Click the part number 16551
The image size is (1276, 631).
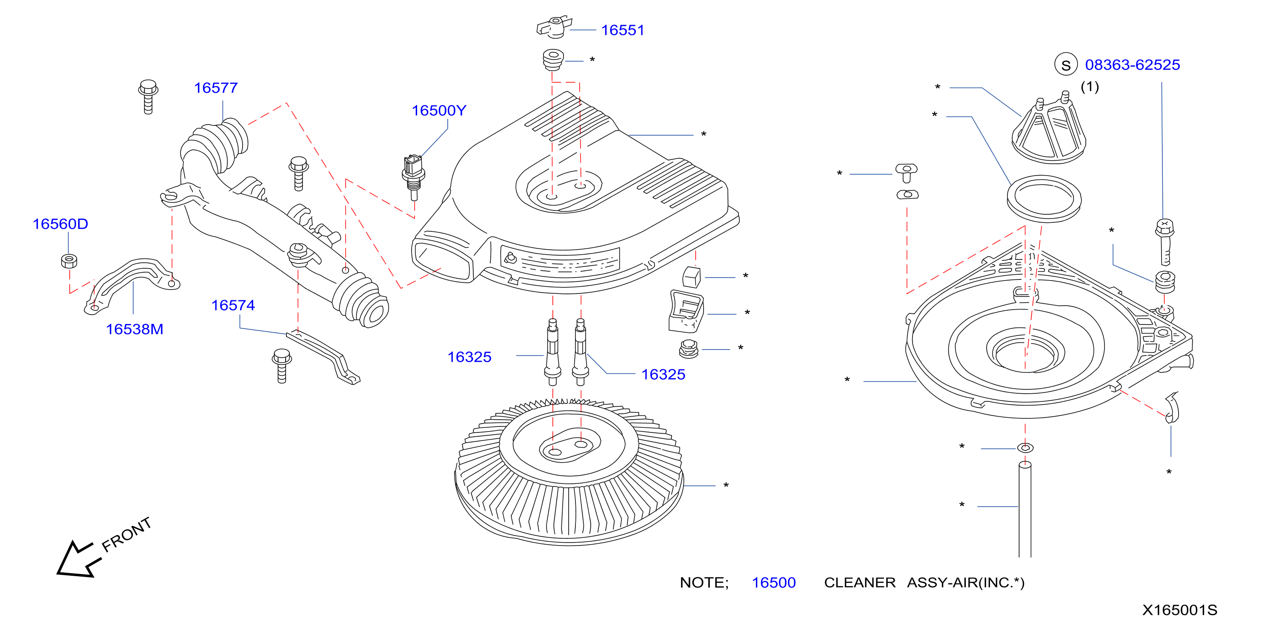click(x=623, y=30)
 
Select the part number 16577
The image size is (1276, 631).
click(x=216, y=88)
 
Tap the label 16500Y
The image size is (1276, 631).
click(x=439, y=111)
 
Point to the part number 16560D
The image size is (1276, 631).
click(x=60, y=224)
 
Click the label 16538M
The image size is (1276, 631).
click(x=135, y=329)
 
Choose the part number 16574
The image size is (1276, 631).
click(x=233, y=305)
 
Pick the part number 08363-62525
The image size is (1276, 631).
click(x=1132, y=65)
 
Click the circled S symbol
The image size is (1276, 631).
click(x=1066, y=65)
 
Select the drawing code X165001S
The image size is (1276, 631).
click(x=1179, y=610)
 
